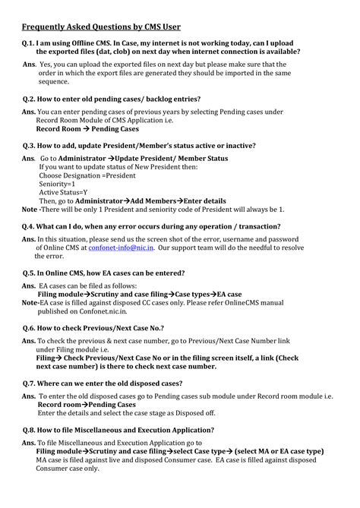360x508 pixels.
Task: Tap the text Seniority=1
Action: point(57,185)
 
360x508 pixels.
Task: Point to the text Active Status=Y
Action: point(63,193)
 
